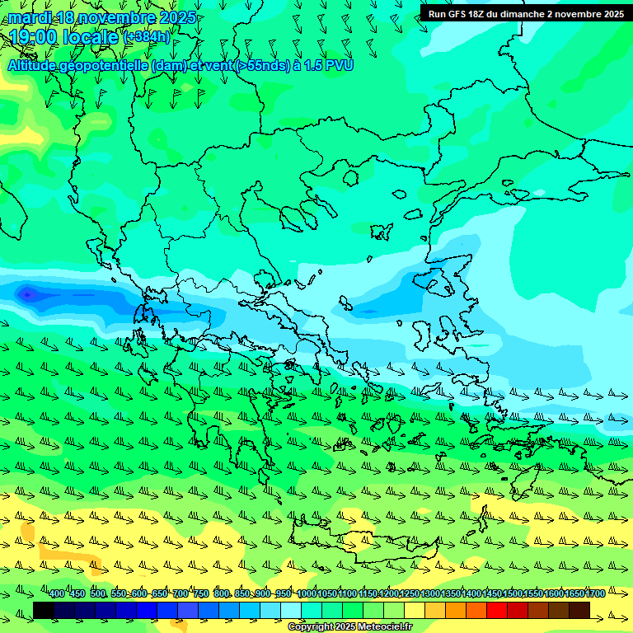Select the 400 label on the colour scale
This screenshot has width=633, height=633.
57,594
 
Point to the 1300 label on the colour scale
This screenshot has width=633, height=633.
429,594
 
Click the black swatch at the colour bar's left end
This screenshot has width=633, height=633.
44,611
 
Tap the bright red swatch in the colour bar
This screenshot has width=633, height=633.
497,611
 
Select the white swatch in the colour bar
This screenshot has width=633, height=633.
291,611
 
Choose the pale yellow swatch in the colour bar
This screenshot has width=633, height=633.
415,611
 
